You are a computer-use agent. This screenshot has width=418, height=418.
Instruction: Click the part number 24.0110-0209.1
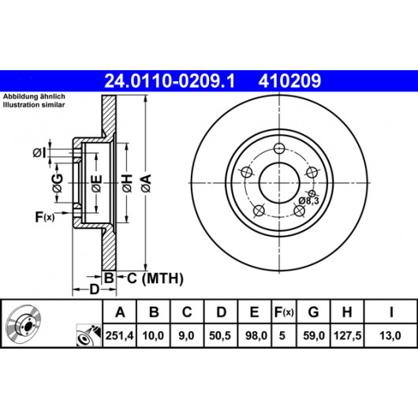pyautogui.click(x=170, y=80)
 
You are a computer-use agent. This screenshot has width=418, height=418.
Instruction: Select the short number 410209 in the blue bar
pyautogui.click(x=289, y=80)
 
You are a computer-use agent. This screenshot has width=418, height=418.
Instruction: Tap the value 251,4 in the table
pyautogui.click(x=119, y=335)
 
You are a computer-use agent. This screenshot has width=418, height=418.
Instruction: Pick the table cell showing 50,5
pyautogui.click(x=220, y=335)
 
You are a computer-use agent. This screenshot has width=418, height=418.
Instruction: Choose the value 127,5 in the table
pyautogui.click(x=347, y=335)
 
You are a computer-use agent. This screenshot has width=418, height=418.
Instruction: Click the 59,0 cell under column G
pyautogui.click(x=314, y=335)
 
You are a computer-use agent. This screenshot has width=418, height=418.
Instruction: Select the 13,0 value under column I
pyautogui.click(x=390, y=335)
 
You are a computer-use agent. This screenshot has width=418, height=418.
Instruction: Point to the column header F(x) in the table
pyautogui.click(x=284, y=312)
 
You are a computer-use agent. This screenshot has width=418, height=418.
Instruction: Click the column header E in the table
pyautogui.click(x=254, y=312)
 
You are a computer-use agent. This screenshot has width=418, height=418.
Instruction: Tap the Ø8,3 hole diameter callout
pyautogui.click(x=308, y=200)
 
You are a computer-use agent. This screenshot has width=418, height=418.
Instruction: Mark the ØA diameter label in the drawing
pyautogui.click(x=147, y=183)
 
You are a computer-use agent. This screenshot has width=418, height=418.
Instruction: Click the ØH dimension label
pyautogui.click(x=128, y=183)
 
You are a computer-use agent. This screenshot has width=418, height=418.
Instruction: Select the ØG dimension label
pyautogui.click(x=58, y=183)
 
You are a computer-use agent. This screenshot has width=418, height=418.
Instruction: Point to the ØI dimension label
pyautogui.click(x=39, y=153)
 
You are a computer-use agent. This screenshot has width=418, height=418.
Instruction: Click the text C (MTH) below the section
pyautogui.click(x=155, y=278)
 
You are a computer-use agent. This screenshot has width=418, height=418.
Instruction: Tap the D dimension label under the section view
pyautogui.click(x=94, y=289)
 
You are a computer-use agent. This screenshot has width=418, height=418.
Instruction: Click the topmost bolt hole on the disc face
pyautogui.click(x=279, y=148)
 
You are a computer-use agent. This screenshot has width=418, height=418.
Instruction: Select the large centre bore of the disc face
pyautogui.click(x=279, y=183)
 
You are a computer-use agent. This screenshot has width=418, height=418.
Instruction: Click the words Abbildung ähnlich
pyautogui.click(x=34, y=96)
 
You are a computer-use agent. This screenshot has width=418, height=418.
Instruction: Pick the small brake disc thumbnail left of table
pyautogui.click(x=24, y=323)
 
